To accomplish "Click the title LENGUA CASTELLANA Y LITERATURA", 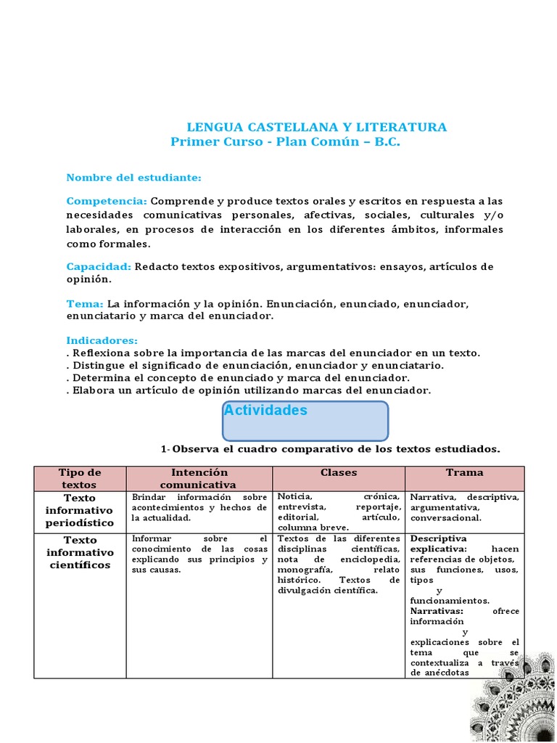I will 317,128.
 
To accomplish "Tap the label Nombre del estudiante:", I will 133,178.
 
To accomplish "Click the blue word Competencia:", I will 107,201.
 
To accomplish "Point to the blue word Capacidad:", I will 99,267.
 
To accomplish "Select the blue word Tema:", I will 85,304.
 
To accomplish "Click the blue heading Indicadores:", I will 102,340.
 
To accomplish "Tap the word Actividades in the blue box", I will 265,411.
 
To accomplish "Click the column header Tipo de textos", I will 80,478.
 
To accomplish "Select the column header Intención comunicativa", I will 198,478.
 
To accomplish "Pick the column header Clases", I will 339,472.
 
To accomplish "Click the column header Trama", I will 464,472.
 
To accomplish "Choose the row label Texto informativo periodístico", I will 80,510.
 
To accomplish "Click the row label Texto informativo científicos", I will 80,552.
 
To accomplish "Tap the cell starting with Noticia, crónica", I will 338,512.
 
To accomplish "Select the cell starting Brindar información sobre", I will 199,507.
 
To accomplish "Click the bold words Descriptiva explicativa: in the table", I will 439,544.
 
